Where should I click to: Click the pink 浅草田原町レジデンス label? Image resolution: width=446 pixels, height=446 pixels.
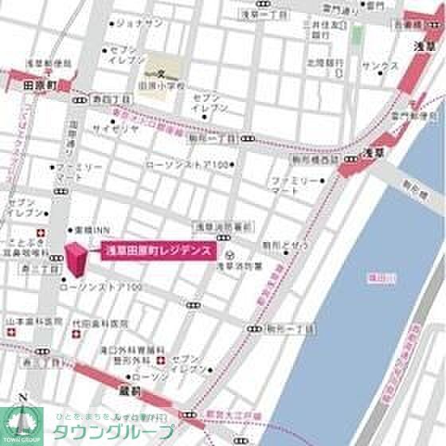[x=158, y=250]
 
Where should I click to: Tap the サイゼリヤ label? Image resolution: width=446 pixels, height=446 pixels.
[x=109, y=127]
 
